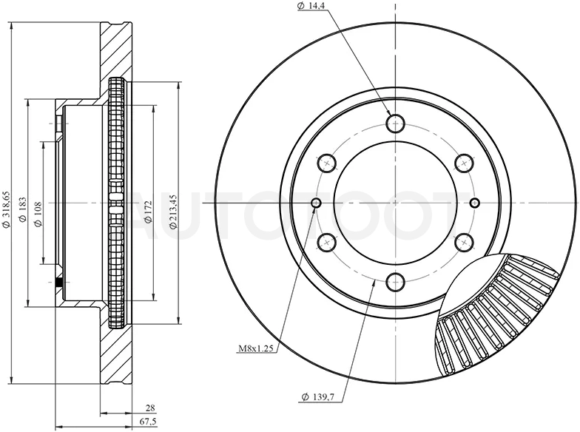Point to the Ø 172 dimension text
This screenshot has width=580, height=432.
point(148,212)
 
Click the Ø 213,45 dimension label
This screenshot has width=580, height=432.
point(174,212)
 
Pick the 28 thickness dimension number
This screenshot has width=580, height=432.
point(150,408)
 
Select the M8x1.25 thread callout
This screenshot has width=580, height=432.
point(256,348)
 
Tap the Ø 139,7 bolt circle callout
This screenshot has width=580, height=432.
point(318,398)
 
